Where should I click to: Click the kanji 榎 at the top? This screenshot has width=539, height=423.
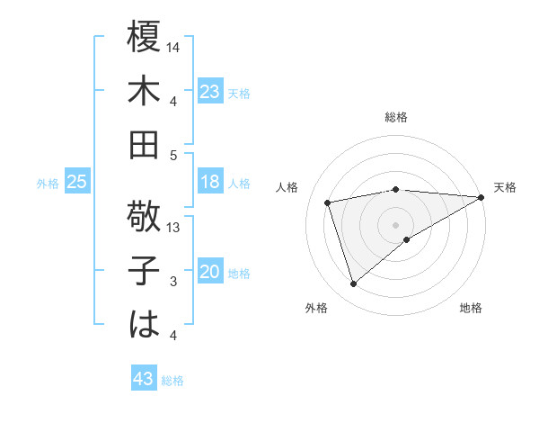tap(144, 38)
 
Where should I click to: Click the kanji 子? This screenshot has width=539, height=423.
tap(144, 271)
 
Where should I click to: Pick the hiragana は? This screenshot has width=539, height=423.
tap(144, 324)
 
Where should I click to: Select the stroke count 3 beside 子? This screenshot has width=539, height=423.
tap(174, 282)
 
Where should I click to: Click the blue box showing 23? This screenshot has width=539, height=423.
tap(209, 92)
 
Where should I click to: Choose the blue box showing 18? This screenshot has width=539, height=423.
tap(209, 182)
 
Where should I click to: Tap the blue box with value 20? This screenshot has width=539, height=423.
tap(209, 272)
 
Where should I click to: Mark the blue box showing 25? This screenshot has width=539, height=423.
tap(76, 182)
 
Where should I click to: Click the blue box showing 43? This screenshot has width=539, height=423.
tap(143, 379)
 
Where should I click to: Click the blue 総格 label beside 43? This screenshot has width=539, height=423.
tap(172, 381)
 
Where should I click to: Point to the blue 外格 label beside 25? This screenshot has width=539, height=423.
tap(48, 184)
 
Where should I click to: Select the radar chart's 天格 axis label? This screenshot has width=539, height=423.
tap(505, 187)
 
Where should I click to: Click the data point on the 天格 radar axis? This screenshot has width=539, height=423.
tap(482, 197)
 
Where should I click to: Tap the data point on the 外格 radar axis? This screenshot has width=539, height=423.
tap(353, 284)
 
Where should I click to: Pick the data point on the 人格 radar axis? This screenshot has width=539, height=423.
tap(329, 202)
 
